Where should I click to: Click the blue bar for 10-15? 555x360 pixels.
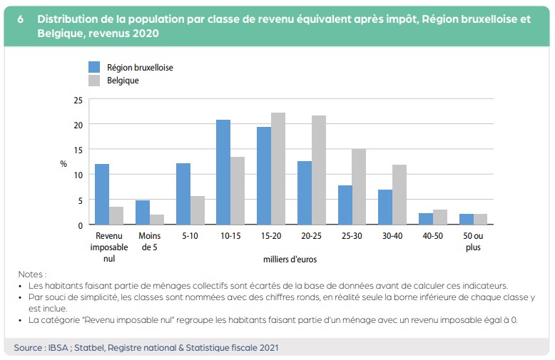[223, 173]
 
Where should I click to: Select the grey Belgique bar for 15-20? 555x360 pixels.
[278, 169]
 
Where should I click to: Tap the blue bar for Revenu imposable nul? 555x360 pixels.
[102, 195]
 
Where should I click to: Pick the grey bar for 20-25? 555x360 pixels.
[319, 170]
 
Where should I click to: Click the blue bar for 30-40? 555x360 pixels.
[386, 207]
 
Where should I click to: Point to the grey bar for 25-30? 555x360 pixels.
[359, 187]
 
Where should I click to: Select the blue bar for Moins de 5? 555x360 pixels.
[143, 212]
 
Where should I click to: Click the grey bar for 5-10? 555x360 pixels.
[197, 210]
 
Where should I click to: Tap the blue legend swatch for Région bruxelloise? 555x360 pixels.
[93, 67]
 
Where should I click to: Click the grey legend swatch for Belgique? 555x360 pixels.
[93, 81]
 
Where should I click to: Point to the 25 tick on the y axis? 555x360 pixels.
[78, 100]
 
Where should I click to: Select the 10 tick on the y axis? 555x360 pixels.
[78, 175]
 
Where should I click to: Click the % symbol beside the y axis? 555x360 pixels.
[63, 163]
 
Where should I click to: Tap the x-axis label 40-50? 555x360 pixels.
[433, 236]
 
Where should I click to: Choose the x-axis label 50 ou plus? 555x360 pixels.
[473, 242]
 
